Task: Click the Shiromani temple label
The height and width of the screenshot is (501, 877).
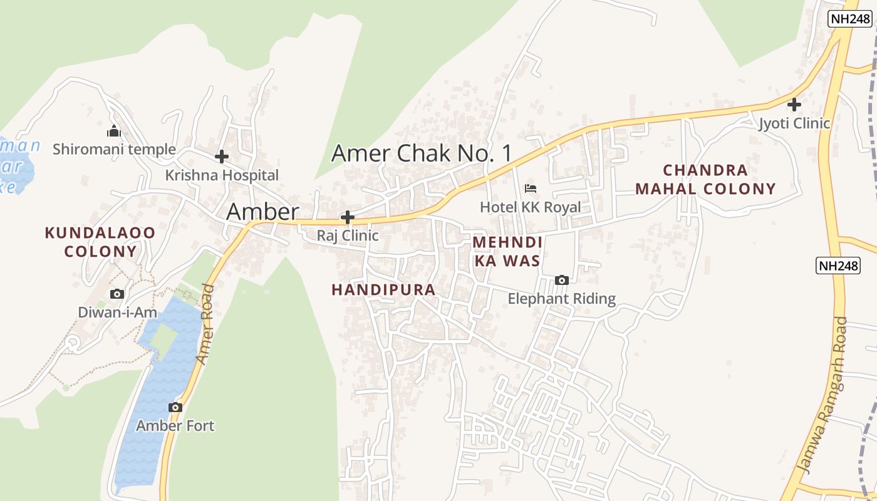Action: pyautogui.click(x=114, y=150)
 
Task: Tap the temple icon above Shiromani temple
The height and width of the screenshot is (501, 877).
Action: pyautogui.click(x=113, y=131)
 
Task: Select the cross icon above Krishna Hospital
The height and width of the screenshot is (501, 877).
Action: pyautogui.click(x=222, y=157)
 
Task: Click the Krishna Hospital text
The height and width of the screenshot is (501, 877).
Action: pyautogui.click(x=222, y=175)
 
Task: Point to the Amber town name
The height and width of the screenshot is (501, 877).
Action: pyautogui.click(x=262, y=212)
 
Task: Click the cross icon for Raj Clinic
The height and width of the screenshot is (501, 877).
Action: pyautogui.click(x=348, y=217)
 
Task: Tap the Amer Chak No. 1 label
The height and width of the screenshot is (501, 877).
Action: pyautogui.click(x=422, y=153)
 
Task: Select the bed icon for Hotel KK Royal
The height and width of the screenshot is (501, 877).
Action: pyautogui.click(x=531, y=188)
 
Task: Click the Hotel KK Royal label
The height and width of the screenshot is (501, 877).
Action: pyautogui.click(x=531, y=207)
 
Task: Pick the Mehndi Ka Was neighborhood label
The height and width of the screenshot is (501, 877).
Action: pyautogui.click(x=507, y=251)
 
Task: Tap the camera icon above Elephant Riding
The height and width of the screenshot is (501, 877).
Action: pyautogui.click(x=562, y=280)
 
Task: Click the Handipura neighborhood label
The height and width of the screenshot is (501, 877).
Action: pyautogui.click(x=383, y=290)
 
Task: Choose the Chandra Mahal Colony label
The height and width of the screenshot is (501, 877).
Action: pyautogui.click(x=705, y=179)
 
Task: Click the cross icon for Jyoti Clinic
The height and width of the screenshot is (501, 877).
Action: pyautogui.click(x=794, y=104)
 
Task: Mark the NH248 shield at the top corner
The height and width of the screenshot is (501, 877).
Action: pyautogui.click(x=850, y=19)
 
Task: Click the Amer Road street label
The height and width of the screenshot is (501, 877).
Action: pyautogui.click(x=205, y=324)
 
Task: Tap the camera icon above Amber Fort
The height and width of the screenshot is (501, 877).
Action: pyautogui.click(x=175, y=407)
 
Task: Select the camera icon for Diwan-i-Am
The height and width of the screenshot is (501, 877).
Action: pyautogui.click(x=117, y=294)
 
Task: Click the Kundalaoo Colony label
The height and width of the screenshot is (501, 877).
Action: pyautogui.click(x=100, y=242)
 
